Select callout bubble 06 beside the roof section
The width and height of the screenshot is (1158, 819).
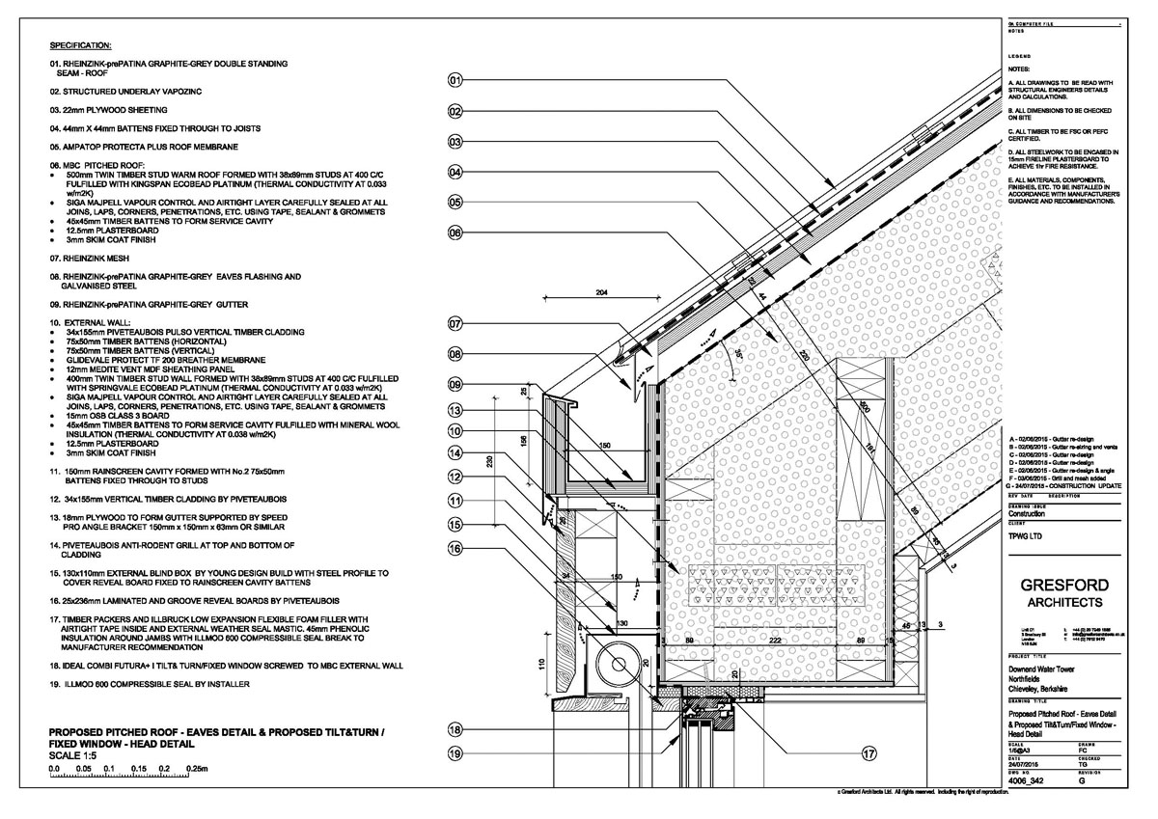coord(455,232)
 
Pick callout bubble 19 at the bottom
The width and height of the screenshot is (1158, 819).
coord(455,754)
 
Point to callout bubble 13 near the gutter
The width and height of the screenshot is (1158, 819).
coord(455,410)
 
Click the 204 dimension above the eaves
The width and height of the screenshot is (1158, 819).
coord(630,290)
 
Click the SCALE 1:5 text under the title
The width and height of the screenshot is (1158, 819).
coord(75,755)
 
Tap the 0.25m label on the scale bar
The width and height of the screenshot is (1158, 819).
coord(209,768)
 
